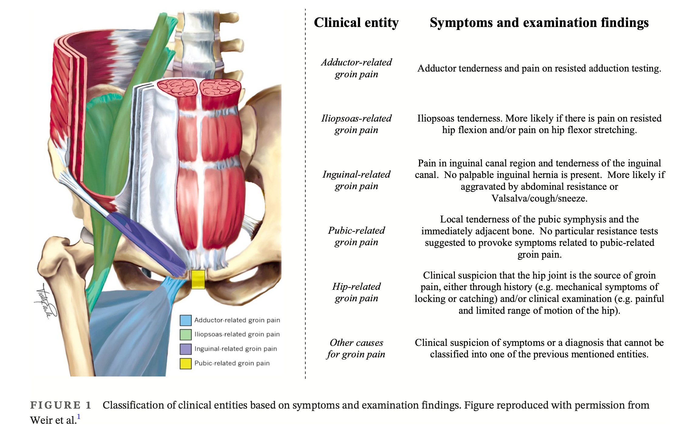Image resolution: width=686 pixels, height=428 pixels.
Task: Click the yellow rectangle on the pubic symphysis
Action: [x=198, y=279]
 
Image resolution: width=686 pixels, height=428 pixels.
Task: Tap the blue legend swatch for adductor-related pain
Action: [x=185, y=320]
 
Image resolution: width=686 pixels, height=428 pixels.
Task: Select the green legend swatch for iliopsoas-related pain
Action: [x=185, y=334]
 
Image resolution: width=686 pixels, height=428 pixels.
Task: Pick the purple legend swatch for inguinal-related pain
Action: [x=185, y=349]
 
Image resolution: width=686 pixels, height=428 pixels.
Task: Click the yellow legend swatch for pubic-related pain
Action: [x=185, y=363]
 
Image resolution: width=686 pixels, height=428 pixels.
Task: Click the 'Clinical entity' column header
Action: [x=356, y=23]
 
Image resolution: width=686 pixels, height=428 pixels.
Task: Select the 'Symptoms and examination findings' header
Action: [x=539, y=23]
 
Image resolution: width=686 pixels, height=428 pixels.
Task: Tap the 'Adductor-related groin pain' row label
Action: [x=356, y=68]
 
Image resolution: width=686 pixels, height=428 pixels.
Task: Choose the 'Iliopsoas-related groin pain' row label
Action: [x=356, y=124]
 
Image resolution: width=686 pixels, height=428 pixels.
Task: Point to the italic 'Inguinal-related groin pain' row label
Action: [x=356, y=180]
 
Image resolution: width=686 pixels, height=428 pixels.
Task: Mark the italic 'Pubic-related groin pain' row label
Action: [x=356, y=236]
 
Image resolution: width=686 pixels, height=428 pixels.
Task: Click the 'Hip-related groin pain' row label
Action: [x=356, y=292]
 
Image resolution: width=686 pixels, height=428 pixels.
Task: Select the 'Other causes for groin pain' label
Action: [x=356, y=348]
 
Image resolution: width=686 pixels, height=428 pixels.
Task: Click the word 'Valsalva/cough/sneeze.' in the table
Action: [x=539, y=198]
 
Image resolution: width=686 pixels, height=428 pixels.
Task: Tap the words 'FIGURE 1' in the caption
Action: [x=61, y=405]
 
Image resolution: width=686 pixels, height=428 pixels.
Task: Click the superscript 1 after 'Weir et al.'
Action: [x=79, y=417]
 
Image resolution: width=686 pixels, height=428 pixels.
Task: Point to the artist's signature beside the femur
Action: [x=44, y=302]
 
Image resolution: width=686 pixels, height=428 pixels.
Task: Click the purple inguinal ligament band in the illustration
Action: [x=146, y=239]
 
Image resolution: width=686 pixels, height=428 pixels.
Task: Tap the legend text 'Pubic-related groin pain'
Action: [x=232, y=363]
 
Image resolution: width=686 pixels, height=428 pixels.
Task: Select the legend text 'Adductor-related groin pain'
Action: [x=237, y=320]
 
